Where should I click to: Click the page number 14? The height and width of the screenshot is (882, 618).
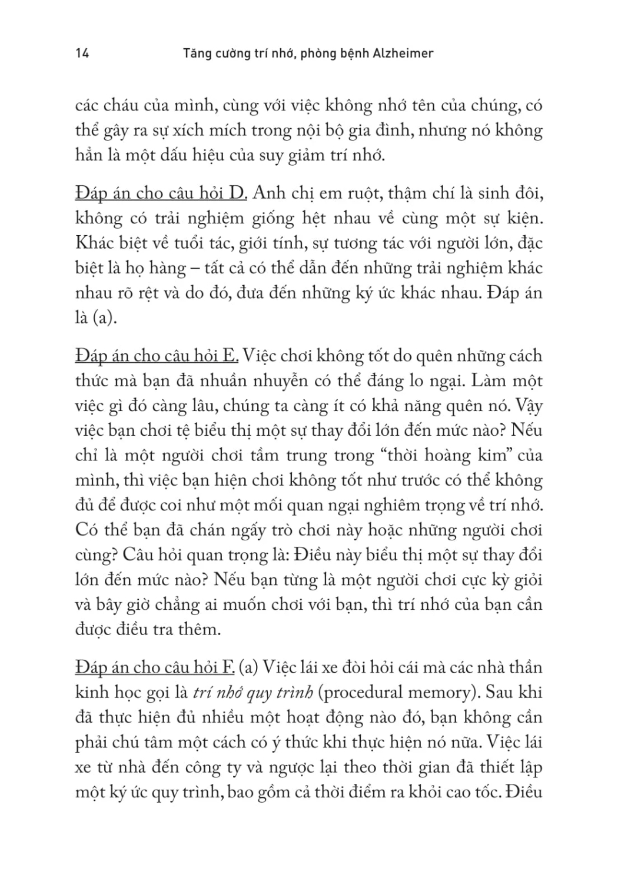(x=82, y=54)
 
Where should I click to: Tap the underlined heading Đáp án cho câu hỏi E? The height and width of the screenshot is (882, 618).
(x=157, y=356)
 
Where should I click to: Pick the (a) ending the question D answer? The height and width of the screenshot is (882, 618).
(x=105, y=318)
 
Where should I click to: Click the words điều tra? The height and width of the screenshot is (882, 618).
(x=149, y=630)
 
